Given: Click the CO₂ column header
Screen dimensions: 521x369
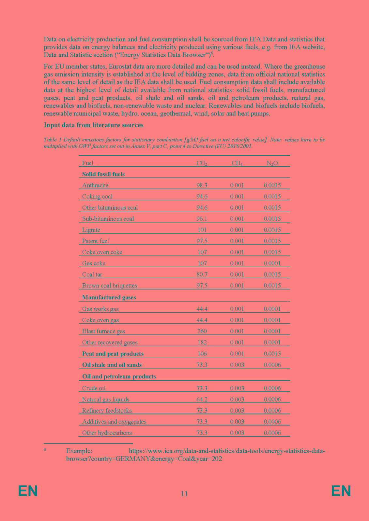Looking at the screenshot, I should (x=202, y=163).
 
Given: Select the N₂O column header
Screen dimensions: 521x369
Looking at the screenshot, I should (x=272, y=163).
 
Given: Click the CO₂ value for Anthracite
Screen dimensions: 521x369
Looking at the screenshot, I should (x=202, y=185).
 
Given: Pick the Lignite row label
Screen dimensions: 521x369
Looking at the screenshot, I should (x=91, y=230).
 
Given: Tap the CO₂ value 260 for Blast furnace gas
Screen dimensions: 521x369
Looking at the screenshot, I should (x=202, y=331).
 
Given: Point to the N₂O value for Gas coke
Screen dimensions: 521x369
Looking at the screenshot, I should (x=272, y=263).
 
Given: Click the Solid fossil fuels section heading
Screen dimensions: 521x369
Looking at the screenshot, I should (x=103, y=174).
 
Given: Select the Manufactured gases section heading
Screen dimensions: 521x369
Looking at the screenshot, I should (x=109, y=297).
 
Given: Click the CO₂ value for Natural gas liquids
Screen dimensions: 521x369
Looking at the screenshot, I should (x=202, y=399).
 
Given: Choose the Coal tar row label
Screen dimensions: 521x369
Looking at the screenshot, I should (x=92, y=274).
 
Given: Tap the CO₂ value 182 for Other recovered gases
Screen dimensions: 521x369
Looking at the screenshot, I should (x=202, y=342).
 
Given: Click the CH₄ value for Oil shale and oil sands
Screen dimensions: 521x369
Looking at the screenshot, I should (x=237, y=365).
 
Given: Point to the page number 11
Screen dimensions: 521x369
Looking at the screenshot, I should (x=184, y=494).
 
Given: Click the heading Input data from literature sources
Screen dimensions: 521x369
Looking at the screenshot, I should (x=94, y=125).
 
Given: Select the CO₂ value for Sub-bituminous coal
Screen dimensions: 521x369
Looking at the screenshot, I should (x=202, y=219).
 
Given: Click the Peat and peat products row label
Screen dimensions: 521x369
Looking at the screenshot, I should (x=113, y=354).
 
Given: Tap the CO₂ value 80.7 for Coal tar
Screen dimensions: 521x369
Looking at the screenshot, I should (x=202, y=274).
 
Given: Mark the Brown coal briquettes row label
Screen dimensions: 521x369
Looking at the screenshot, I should (x=110, y=286).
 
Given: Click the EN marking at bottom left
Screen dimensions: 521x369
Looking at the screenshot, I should (x=28, y=491).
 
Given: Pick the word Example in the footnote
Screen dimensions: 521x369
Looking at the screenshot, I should (x=79, y=451).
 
